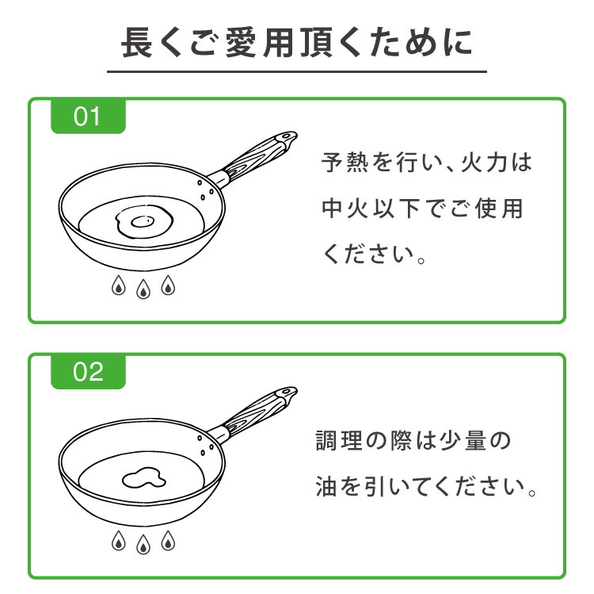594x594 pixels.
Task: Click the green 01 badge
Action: pyautogui.click(x=88, y=116)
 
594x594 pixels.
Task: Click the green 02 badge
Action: pyautogui.click(x=88, y=372)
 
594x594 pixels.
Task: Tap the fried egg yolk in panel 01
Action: pyautogui.click(x=143, y=221)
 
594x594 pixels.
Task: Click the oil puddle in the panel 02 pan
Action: pyautogui.click(x=144, y=477)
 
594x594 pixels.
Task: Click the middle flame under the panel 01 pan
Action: pyautogui.click(x=143, y=289)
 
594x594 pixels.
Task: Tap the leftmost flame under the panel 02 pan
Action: pyautogui.click(x=119, y=541)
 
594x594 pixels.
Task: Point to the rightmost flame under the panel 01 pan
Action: pyautogui.click(x=168, y=286)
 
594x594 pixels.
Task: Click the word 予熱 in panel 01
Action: pyautogui.click(x=345, y=163)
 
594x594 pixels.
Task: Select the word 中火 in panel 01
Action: pyautogui.click(x=345, y=209)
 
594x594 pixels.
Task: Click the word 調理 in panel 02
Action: pyautogui.click(x=339, y=441)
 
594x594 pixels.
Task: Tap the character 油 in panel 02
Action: pyautogui.click(x=326, y=487)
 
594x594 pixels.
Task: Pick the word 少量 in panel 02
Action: pyautogui.click(x=463, y=441)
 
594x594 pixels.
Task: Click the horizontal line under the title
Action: pyautogui.click(x=297, y=71)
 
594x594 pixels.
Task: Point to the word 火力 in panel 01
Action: pyautogui.click(x=484, y=163)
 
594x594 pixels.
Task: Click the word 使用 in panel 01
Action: pyautogui.click(x=499, y=209)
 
